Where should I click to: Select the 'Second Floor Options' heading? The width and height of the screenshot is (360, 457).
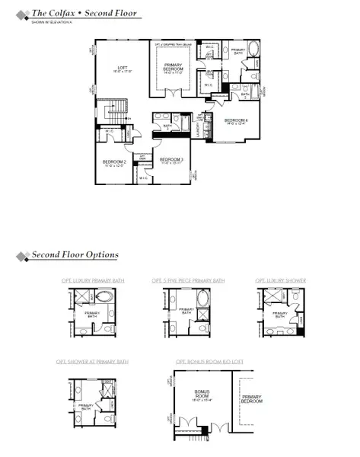tap(75, 254)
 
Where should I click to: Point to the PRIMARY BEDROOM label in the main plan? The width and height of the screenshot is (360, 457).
tap(175, 69)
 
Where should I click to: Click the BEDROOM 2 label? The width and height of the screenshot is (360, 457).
tap(113, 161)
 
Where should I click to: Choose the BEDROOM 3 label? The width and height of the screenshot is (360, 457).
tap(171, 160)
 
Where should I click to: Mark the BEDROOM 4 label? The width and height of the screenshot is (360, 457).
tap(235, 121)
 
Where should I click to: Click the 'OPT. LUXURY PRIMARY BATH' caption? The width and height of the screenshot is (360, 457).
tap(93, 281)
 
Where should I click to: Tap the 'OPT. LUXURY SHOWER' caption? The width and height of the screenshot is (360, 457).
tap(281, 281)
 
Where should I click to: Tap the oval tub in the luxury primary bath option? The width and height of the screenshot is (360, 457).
tap(83, 299)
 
